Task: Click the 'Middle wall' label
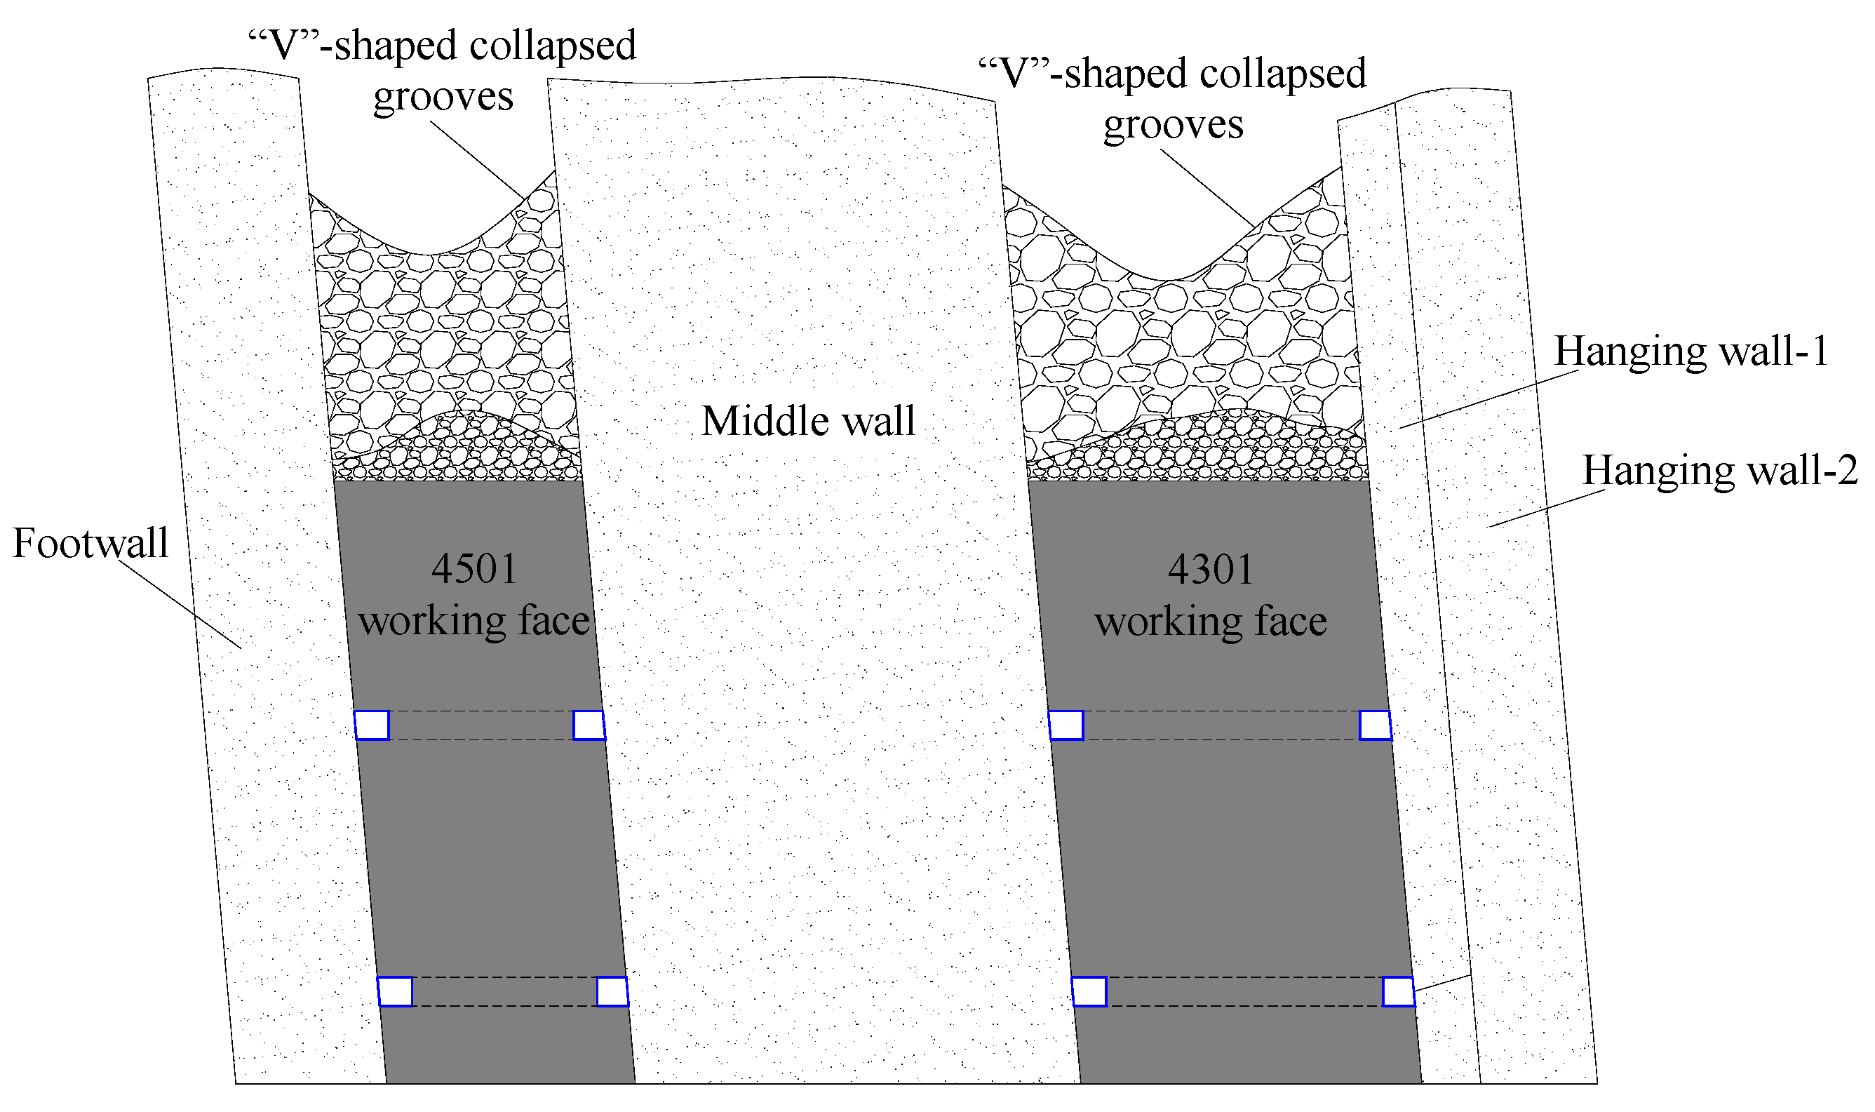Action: click(x=808, y=421)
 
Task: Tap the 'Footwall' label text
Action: click(x=90, y=543)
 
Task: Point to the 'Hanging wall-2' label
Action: click(x=1720, y=471)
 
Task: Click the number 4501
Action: click(x=474, y=569)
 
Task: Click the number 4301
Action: click(x=1211, y=570)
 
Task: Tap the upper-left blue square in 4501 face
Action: click(x=372, y=725)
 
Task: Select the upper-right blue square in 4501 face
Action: click(x=589, y=725)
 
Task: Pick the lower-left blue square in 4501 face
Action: click(x=395, y=992)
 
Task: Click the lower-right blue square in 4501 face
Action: click(x=612, y=992)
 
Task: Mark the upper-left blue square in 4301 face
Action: click(x=1066, y=725)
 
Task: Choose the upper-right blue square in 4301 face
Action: click(x=1376, y=725)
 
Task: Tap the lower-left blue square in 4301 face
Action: click(x=1089, y=992)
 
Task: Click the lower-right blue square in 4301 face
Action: click(x=1398, y=992)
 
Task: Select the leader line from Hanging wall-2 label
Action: click(x=1546, y=509)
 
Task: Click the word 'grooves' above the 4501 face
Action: click(x=443, y=97)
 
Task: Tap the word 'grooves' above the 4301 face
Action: click(x=1173, y=125)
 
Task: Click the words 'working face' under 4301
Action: click(x=1211, y=622)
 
